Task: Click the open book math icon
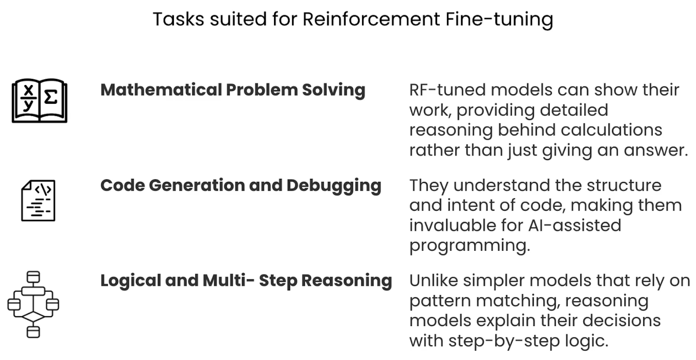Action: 39,101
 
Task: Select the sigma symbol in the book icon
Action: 51,97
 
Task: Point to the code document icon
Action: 38,200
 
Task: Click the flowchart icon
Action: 33,304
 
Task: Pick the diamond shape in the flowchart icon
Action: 33,317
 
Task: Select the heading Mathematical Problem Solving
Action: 232,90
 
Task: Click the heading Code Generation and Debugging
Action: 240,185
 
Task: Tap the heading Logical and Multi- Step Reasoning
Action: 246,280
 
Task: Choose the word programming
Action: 469,246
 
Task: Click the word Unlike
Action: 433,280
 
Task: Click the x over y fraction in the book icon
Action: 28,97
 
